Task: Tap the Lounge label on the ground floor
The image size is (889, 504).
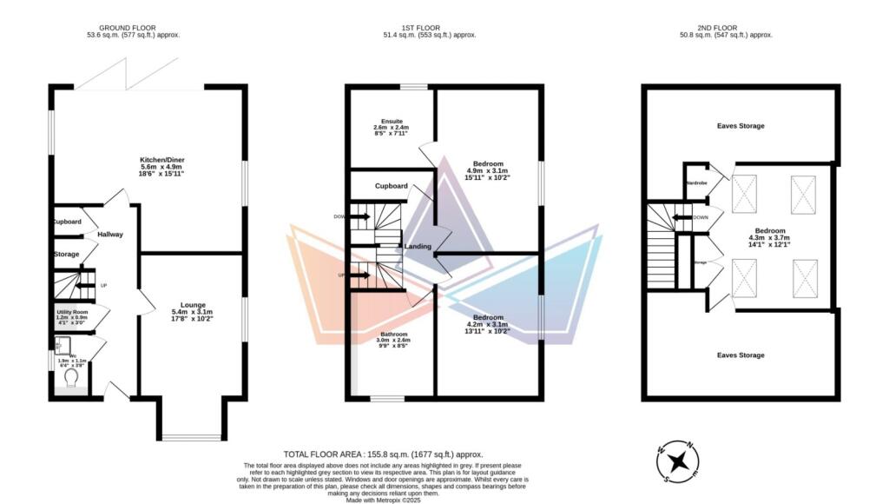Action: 193,305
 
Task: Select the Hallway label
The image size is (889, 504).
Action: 110,235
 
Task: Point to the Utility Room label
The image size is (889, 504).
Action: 73,311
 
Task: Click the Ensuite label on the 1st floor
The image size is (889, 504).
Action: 379,121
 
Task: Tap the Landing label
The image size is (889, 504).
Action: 418,247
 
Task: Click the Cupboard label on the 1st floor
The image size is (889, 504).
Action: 392,186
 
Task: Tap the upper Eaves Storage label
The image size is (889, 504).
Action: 741,126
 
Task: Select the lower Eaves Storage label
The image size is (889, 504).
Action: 741,355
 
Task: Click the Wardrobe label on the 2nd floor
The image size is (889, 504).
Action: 696,183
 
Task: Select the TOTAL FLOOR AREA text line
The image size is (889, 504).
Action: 383,454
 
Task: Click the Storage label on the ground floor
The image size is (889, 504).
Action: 67,254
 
